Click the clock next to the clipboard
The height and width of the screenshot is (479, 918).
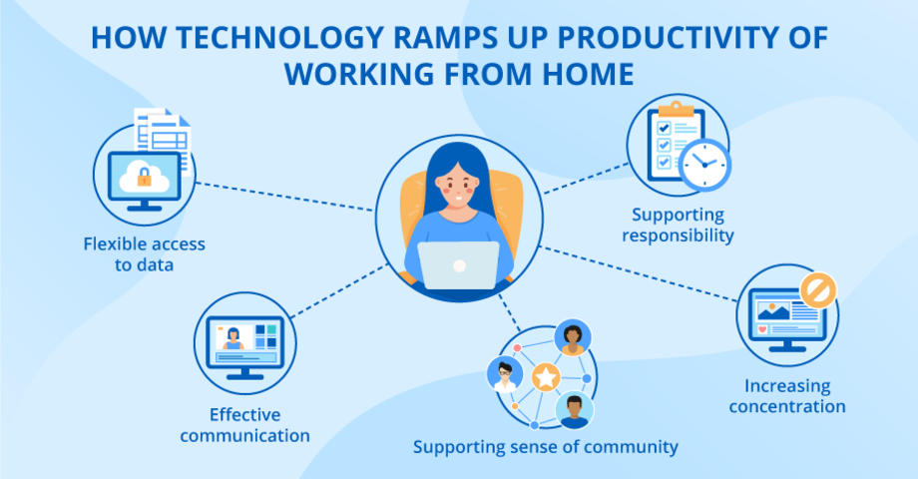[706, 163]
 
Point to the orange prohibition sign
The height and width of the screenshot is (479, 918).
[817, 290]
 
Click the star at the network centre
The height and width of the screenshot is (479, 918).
[545, 377]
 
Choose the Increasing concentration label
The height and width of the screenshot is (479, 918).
[787, 395]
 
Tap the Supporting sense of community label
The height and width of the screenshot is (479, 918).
[546, 446]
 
